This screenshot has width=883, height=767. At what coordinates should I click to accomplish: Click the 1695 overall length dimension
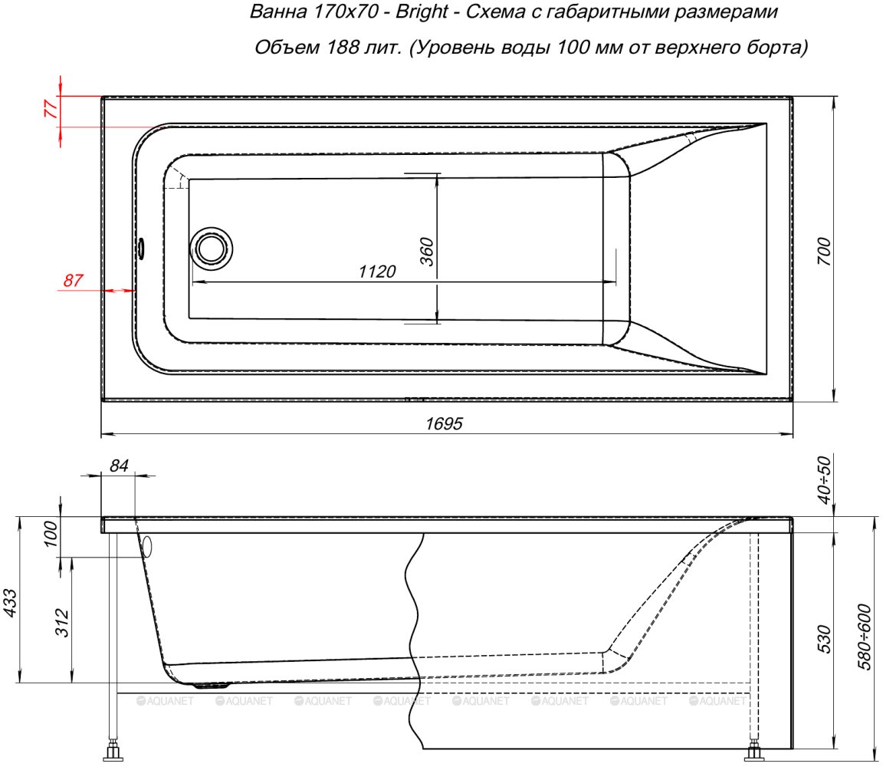(x=444, y=423)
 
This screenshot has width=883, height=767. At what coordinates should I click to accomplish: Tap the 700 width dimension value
(x=824, y=252)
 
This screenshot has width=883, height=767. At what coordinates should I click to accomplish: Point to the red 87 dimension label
(x=74, y=280)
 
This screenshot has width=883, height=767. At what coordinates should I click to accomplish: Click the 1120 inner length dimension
(x=377, y=272)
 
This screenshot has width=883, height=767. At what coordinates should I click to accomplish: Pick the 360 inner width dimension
(x=428, y=252)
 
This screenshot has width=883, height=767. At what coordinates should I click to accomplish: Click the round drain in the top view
(x=212, y=249)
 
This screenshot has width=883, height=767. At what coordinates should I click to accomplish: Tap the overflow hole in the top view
(x=141, y=248)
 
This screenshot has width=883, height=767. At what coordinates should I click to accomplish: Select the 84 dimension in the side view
(x=120, y=466)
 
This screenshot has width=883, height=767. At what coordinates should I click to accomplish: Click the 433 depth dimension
(x=11, y=602)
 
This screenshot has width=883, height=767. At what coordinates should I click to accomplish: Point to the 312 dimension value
(x=63, y=623)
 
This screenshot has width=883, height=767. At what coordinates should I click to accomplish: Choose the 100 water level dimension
(x=51, y=534)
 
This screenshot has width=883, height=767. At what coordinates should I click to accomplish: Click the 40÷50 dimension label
(x=824, y=480)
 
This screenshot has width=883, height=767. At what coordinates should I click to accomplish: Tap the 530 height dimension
(x=824, y=639)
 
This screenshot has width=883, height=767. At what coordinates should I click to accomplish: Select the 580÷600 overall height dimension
(x=865, y=637)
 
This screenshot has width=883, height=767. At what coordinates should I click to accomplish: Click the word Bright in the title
(x=422, y=12)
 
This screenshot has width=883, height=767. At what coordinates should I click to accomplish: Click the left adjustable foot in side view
(x=113, y=750)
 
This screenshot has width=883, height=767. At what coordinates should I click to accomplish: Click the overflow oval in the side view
(x=147, y=546)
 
